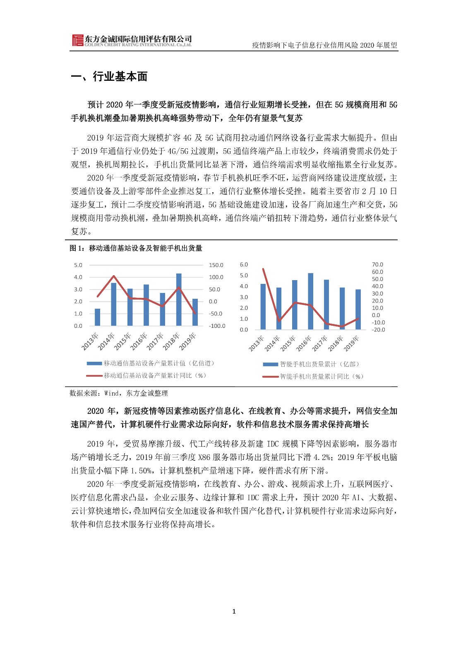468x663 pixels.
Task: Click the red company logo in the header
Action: pyautogui.click(x=77, y=41)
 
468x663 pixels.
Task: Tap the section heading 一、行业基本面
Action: pyautogui.click(x=109, y=77)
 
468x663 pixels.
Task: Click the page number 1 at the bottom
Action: pyautogui.click(x=234, y=611)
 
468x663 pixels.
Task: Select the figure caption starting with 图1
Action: pyautogui.click(x=136, y=248)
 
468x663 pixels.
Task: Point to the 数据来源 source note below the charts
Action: pyautogui.click(x=119, y=393)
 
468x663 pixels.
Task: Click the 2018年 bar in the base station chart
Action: pyautogui.click(x=179, y=300)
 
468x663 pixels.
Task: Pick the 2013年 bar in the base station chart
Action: pyautogui.click(x=98, y=317)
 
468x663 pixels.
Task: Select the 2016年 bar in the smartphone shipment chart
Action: pyautogui.click(x=310, y=301)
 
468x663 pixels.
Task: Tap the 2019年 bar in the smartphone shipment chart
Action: pyautogui.click(x=358, y=309)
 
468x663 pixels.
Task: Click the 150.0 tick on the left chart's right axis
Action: pyautogui.click(x=216, y=265)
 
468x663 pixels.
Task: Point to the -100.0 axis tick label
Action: pyautogui.click(x=217, y=326)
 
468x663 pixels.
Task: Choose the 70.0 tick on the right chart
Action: pyautogui.click(x=377, y=264)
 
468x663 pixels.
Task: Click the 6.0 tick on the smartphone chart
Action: pyautogui.click(x=244, y=264)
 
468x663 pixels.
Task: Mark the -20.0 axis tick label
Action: pyautogui.click(x=378, y=330)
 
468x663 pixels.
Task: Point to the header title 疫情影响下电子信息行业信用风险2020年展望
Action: pyautogui.click(x=324, y=45)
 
